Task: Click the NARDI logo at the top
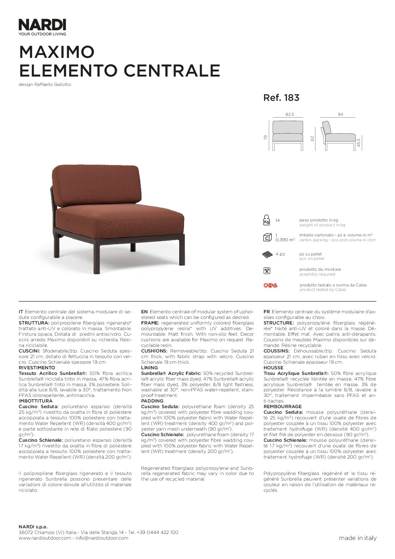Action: pos(42,25)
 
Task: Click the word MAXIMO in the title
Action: pos(57,52)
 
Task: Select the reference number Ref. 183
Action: pos(281,98)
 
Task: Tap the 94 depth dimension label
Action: pos(340,115)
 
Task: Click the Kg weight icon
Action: pos(267,220)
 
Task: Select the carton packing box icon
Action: pos(267,237)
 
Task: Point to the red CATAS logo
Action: pos(270,286)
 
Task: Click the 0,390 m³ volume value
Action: pos(285,240)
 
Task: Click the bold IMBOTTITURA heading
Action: pos(35,401)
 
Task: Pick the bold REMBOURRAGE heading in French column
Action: pos(282,407)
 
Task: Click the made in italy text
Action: pos(357,538)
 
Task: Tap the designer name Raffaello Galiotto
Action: pos(52,84)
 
